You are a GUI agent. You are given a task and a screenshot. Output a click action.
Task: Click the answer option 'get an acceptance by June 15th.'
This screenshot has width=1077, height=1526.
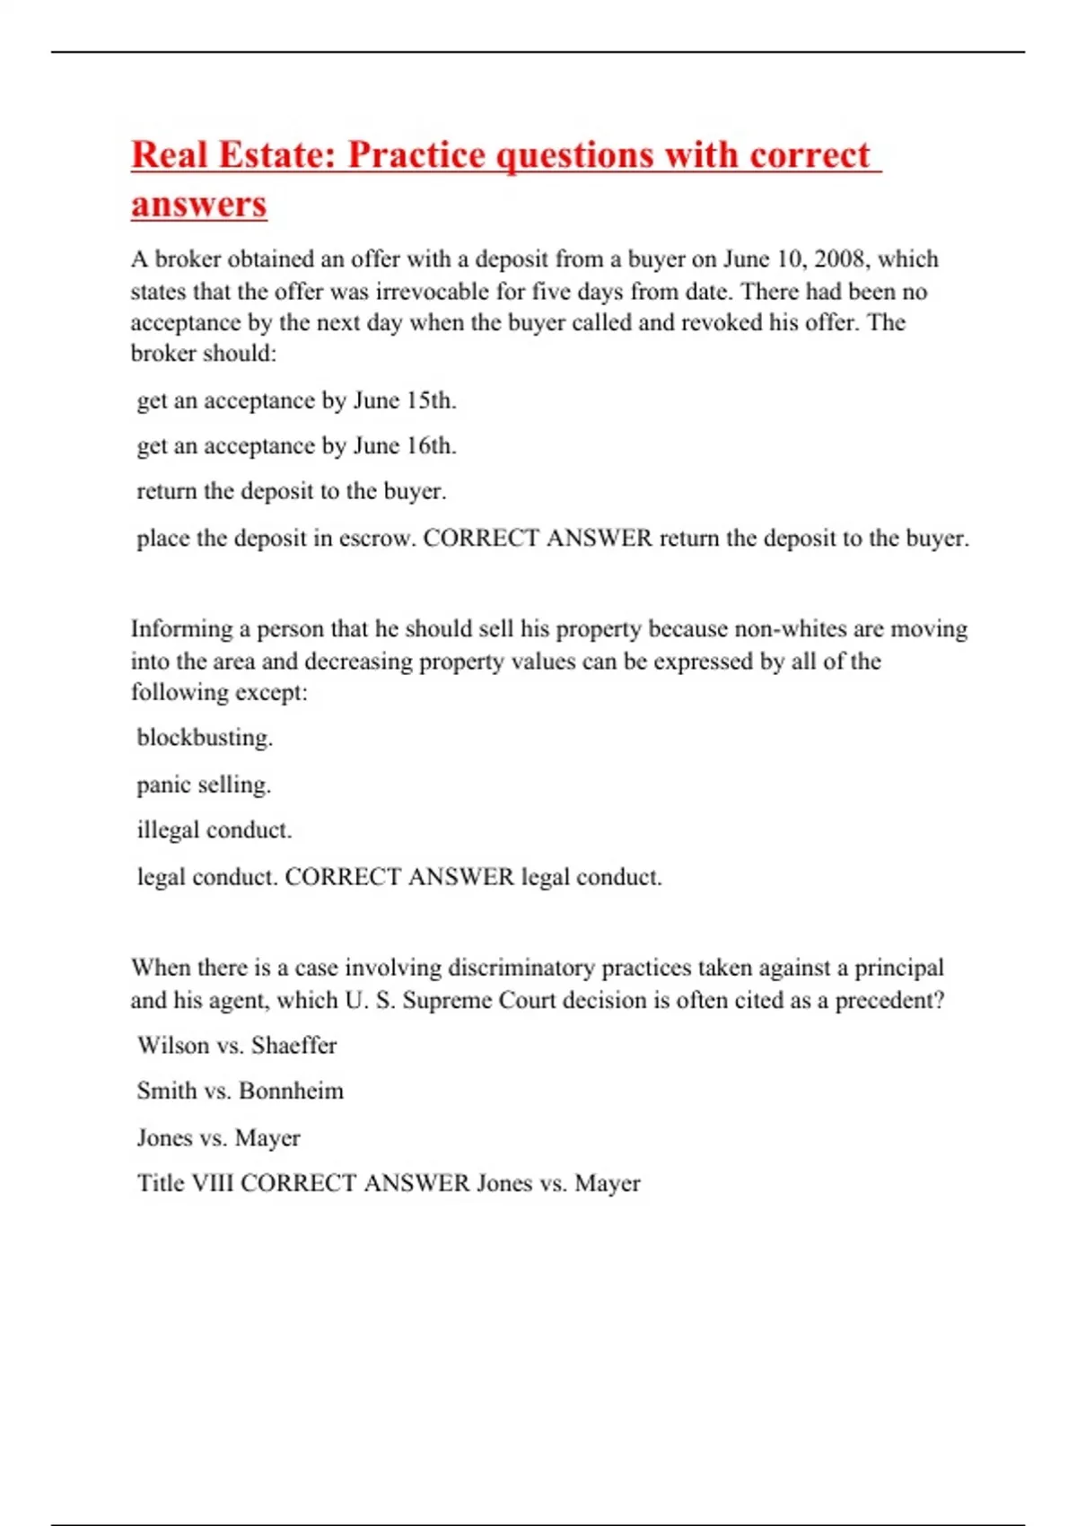tap(296, 400)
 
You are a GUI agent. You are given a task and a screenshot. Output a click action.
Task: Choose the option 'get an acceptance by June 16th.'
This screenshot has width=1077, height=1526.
tap(296, 445)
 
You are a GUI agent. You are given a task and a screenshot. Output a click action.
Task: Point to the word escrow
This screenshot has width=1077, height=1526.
tap(376, 539)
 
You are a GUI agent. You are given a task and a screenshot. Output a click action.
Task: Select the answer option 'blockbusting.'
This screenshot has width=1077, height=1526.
tap(205, 738)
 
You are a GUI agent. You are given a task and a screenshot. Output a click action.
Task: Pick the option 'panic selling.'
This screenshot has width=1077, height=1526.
tap(204, 785)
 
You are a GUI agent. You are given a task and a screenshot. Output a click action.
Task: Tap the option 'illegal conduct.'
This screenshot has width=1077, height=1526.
tap(215, 830)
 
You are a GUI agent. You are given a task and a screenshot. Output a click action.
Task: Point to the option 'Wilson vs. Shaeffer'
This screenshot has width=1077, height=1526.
tap(237, 1046)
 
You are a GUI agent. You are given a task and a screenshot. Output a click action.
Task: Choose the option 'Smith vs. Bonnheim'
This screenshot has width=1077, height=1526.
tap(241, 1092)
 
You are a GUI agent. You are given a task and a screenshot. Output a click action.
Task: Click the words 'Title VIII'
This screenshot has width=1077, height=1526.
tap(185, 1183)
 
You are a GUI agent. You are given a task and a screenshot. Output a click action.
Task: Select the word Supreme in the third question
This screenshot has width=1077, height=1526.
tap(445, 1000)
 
